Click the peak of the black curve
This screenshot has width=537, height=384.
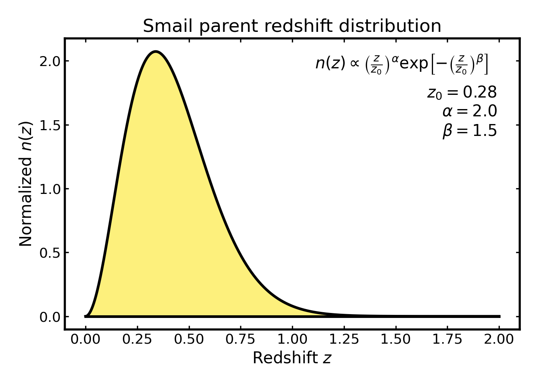click(x=155, y=51)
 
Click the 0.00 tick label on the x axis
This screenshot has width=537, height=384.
click(x=86, y=339)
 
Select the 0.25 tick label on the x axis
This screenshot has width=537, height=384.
click(x=137, y=339)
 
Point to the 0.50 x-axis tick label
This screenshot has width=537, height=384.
click(x=189, y=339)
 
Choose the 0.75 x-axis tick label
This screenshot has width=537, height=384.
click(x=240, y=339)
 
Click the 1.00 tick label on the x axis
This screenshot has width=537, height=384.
click(x=292, y=339)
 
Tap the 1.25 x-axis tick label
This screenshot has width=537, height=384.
click(x=344, y=339)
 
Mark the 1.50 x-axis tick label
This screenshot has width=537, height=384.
click(x=396, y=339)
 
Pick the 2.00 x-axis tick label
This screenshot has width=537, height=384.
click(x=499, y=339)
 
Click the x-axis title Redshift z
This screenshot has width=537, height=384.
click(x=292, y=358)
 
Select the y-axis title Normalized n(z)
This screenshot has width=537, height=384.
click(x=26, y=184)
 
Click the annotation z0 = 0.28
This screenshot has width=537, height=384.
click(x=462, y=93)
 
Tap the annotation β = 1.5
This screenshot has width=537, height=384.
click(x=469, y=131)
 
